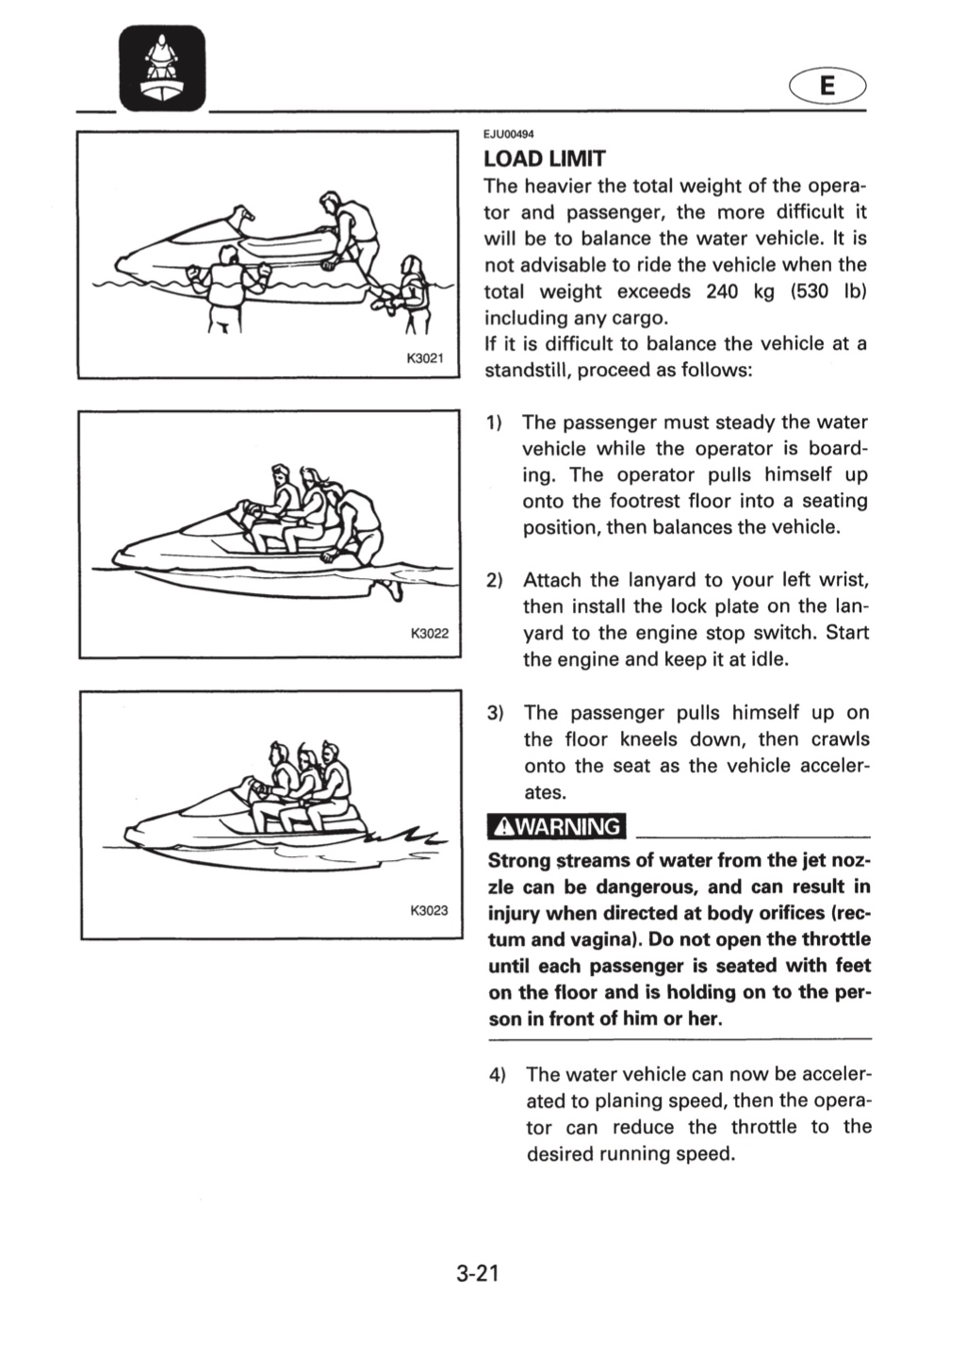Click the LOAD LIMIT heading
[544, 158]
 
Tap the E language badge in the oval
[827, 87]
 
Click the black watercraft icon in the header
[162, 68]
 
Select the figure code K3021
[425, 358]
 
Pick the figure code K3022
[430, 634]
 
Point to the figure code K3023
[429, 910]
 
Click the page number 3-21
[478, 1274]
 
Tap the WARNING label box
[556, 827]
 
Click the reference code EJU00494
[504, 135]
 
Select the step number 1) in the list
[495, 422]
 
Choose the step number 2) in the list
[495, 580]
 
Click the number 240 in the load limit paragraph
[722, 291]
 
